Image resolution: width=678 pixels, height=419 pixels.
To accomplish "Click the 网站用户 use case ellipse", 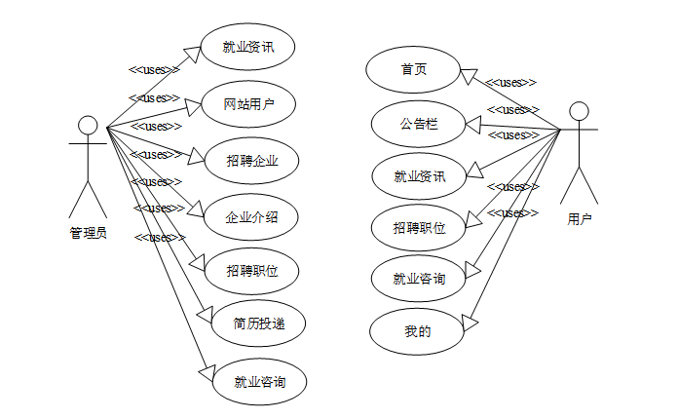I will (x=247, y=104).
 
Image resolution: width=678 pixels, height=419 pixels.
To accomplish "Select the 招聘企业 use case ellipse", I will (x=251, y=161).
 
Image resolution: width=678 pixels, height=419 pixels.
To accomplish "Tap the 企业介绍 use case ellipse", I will (x=251, y=216).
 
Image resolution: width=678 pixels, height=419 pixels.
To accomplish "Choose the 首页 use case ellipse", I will (x=413, y=70).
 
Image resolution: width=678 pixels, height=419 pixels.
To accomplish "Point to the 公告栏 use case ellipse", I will (x=419, y=124).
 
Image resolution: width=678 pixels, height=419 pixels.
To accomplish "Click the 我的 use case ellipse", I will (x=417, y=331).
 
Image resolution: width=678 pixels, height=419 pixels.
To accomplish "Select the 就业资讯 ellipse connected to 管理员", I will (x=247, y=47).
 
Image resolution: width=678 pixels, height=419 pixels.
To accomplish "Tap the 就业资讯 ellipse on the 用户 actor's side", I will (x=419, y=176).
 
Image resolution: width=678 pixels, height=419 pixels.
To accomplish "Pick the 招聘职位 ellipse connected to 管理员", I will (x=251, y=270).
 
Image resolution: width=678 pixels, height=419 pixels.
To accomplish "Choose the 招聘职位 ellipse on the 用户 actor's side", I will (x=419, y=228).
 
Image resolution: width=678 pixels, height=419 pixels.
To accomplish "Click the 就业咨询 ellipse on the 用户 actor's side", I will (x=419, y=279).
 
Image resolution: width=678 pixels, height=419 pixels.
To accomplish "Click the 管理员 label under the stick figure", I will (x=88, y=233).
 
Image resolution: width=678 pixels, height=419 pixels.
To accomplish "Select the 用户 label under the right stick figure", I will (x=579, y=220).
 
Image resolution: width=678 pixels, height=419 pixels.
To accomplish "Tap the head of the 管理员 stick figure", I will (x=88, y=124).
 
